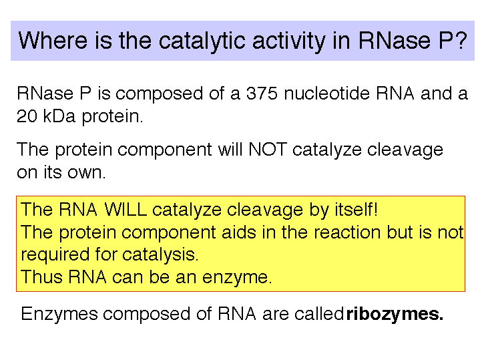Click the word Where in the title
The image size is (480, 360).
[x=53, y=41]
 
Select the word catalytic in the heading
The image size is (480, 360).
[x=202, y=41]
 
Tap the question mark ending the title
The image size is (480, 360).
[x=461, y=40]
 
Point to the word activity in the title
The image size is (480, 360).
[x=288, y=41]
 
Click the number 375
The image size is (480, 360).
[x=262, y=93]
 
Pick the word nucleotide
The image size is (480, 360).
[x=326, y=93]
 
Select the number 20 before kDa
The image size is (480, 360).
[x=27, y=116]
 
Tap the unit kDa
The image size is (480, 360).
[x=59, y=116]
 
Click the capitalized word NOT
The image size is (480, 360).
[x=268, y=150]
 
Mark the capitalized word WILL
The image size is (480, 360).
[x=126, y=210]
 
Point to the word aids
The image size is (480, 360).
[x=238, y=232]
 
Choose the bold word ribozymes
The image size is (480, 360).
[x=395, y=314]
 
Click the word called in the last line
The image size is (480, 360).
[x=318, y=314]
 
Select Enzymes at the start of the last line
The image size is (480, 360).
[x=59, y=314]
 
